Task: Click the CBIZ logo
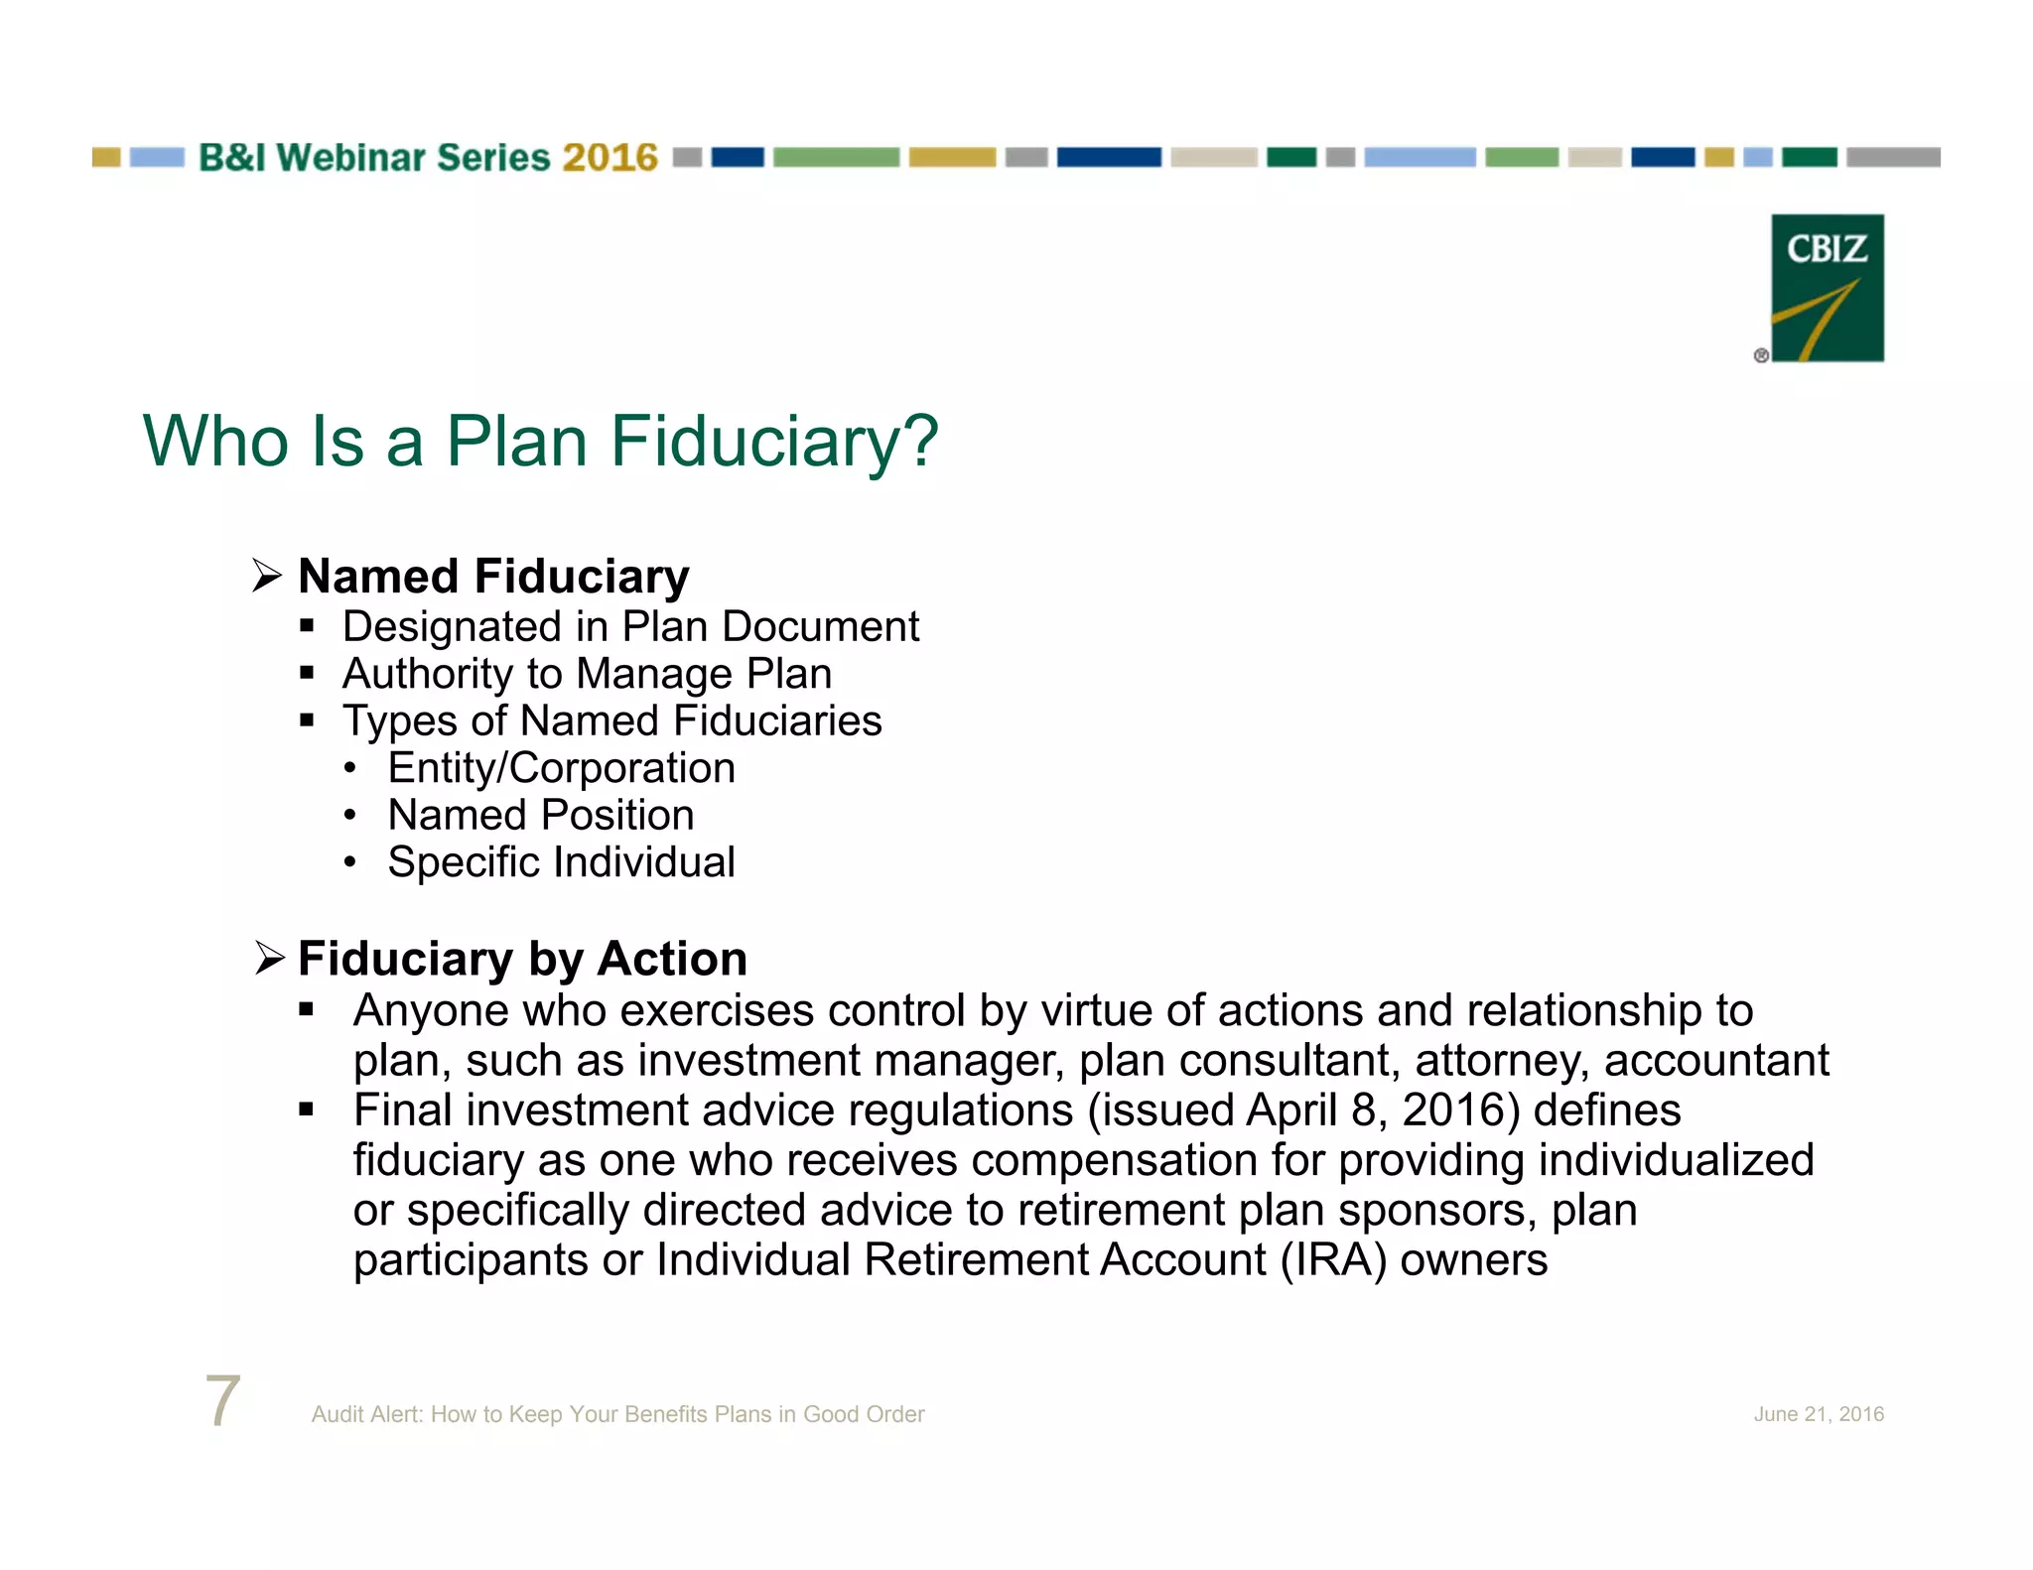click(x=1827, y=288)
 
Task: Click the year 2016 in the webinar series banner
click(x=610, y=158)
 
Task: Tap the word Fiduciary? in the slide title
click(x=773, y=441)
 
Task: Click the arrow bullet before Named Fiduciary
click(x=267, y=576)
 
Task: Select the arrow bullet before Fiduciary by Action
click(x=269, y=958)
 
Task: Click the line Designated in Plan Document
click(x=630, y=627)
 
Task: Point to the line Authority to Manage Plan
click(x=587, y=674)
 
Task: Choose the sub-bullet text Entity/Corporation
click(x=561, y=768)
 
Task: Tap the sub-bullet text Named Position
click(x=541, y=815)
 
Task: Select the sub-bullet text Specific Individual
click(x=561, y=861)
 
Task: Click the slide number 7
click(x=222, y=1400)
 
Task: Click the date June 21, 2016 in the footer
click(x=1818, y=1414)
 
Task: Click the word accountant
click(x=1716, y=1061)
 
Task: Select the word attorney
click(x=1497, y=1061)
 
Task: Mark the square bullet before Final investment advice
click(x=306, y=1110)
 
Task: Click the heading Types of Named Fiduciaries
click(x=611, y=721)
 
